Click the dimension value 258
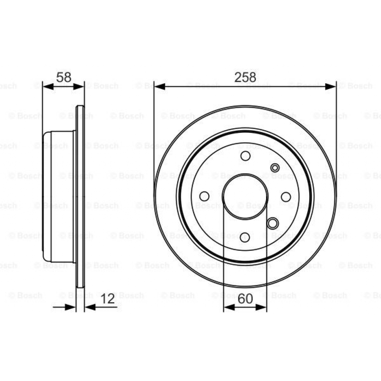(245, 77)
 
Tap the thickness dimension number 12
(108, 299)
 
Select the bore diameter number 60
(245, 299)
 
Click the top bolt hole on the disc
(245, 156)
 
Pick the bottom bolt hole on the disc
(245, 237)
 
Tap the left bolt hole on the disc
(204, 196)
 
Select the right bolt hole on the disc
(286, 196)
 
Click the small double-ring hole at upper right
(275, 168)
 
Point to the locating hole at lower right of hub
(273, 223)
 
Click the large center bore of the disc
(245, 196)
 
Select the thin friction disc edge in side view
(80, 196)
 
